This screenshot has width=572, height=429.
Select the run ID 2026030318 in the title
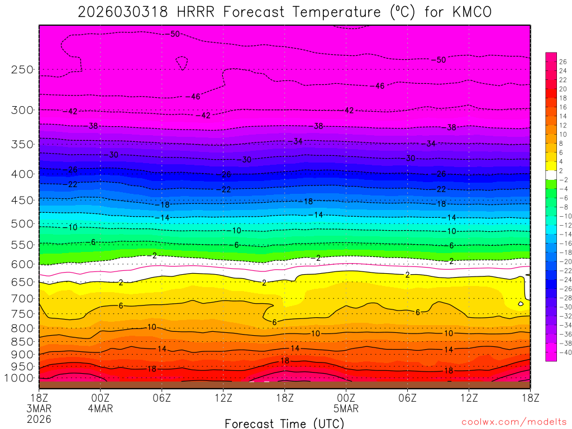123,12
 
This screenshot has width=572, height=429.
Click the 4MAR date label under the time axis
101,408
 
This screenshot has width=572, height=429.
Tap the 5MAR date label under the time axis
346,408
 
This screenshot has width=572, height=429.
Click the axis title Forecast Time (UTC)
284,423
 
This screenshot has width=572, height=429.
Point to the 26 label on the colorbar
563,61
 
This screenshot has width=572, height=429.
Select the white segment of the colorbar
551,175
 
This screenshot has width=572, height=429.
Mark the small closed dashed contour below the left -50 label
182,63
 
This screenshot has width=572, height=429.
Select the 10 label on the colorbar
563,134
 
